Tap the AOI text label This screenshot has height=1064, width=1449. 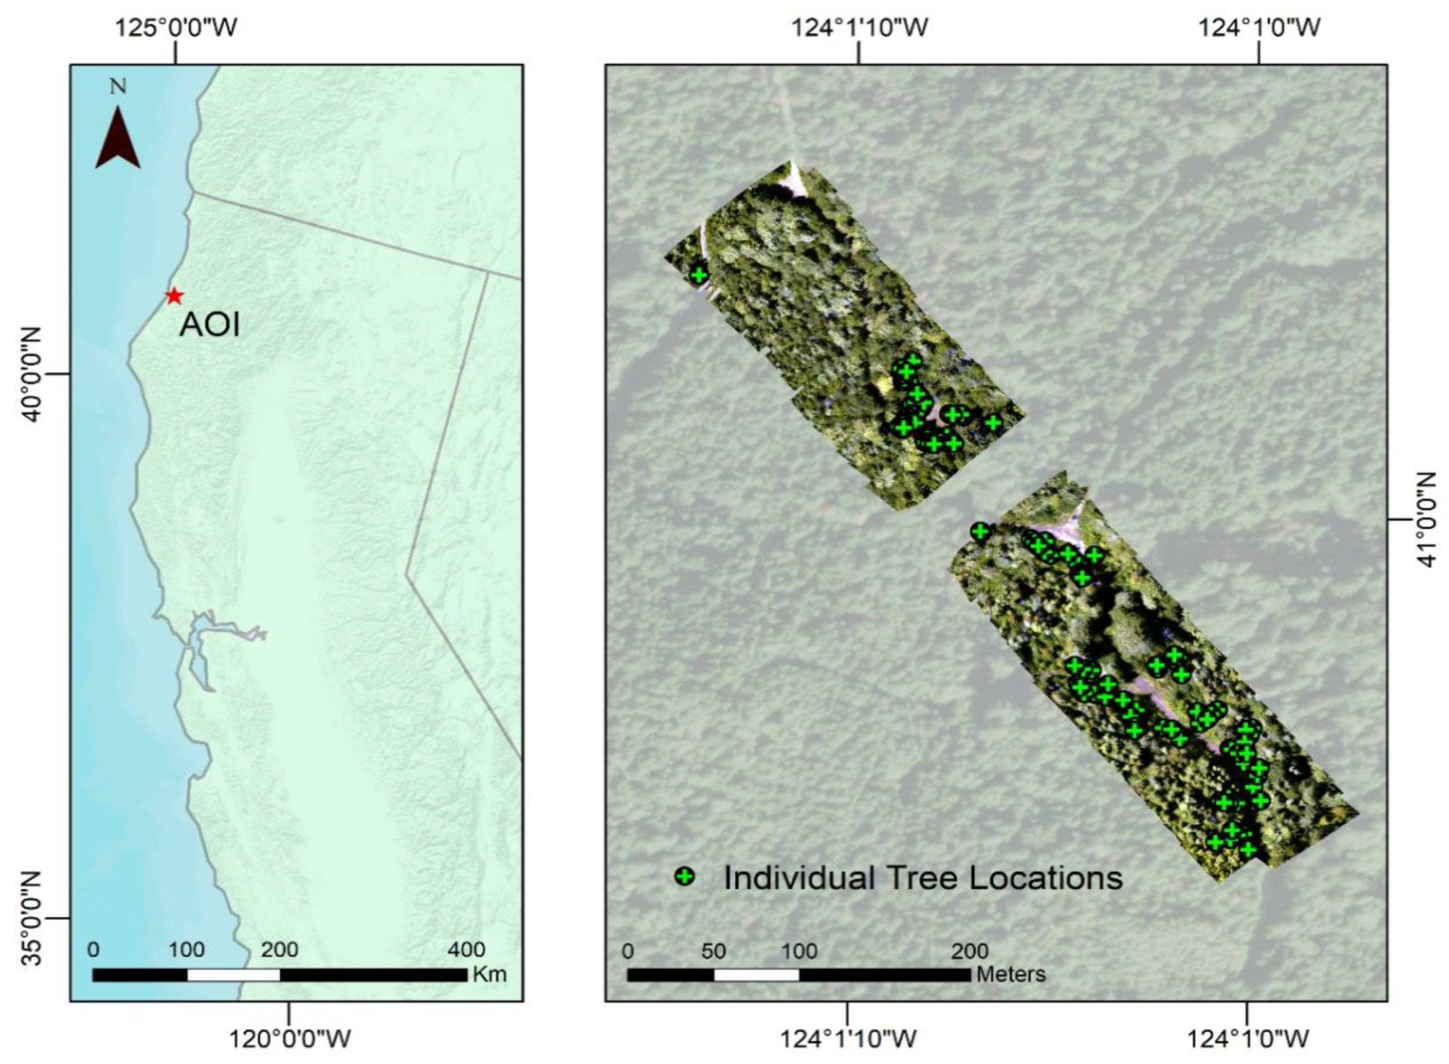point(210,325)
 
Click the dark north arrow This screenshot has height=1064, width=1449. point(118,138)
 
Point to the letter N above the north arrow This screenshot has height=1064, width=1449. point(118,86)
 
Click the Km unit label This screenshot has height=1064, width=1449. point(490,974)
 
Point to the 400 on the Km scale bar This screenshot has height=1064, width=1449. point(466,950)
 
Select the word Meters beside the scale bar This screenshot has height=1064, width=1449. point(1010,974)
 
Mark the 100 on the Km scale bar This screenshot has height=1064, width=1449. point(187,950)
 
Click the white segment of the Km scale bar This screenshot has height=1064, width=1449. point(233,974)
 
